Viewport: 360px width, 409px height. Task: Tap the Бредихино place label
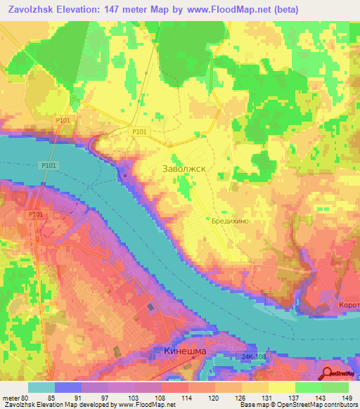point(230,220)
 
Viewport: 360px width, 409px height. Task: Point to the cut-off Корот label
point(348,306)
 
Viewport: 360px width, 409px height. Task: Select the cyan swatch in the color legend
point(41,387)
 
